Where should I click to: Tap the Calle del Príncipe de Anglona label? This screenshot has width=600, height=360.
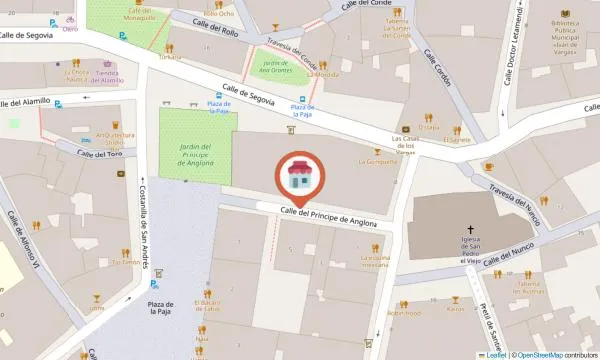(x=329, y=215)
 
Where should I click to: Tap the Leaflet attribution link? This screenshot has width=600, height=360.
(x=492, y=354)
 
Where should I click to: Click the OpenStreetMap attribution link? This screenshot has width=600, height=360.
(x=540, y=354)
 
